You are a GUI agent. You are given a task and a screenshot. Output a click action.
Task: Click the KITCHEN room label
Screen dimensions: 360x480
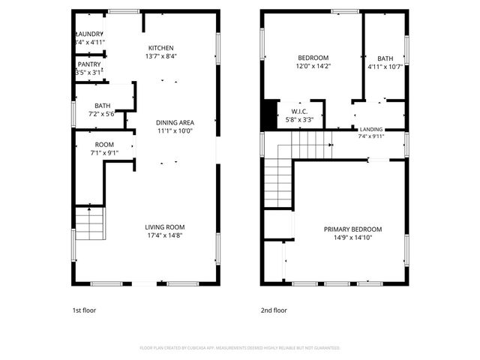point(160,47)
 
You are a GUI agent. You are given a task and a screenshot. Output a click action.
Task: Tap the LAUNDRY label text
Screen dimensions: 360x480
point(90,34)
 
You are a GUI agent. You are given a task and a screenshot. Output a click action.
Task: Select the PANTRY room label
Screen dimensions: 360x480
point(89,64)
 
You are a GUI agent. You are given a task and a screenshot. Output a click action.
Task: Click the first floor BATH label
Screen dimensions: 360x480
point(102,106)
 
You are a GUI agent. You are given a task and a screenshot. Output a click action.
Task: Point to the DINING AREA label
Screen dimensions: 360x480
point(175,122)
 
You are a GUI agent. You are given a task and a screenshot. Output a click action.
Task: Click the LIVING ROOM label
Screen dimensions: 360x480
point(165,226)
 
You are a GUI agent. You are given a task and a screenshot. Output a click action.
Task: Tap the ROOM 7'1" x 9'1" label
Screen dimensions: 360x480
point(104,144)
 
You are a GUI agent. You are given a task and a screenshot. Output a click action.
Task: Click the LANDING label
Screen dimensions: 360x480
point(371,128)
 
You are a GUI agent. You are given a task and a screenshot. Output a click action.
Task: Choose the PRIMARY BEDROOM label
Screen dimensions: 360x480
point(352,229)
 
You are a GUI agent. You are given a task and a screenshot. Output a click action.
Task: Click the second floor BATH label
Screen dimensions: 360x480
point(385,58)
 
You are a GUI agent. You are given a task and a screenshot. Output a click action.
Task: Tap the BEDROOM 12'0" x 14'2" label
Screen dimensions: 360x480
point(314,58)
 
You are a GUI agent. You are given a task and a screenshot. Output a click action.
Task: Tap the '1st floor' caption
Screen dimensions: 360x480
point(84,310)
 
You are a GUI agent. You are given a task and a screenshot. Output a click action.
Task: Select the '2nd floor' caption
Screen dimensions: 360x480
point(274,310)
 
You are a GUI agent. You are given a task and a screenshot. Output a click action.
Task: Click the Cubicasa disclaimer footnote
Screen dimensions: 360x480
point(240,348)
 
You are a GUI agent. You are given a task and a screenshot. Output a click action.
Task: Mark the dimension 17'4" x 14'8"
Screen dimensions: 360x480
point(165,235)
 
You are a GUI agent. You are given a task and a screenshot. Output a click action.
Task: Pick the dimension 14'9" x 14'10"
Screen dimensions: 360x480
point(352,238)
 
